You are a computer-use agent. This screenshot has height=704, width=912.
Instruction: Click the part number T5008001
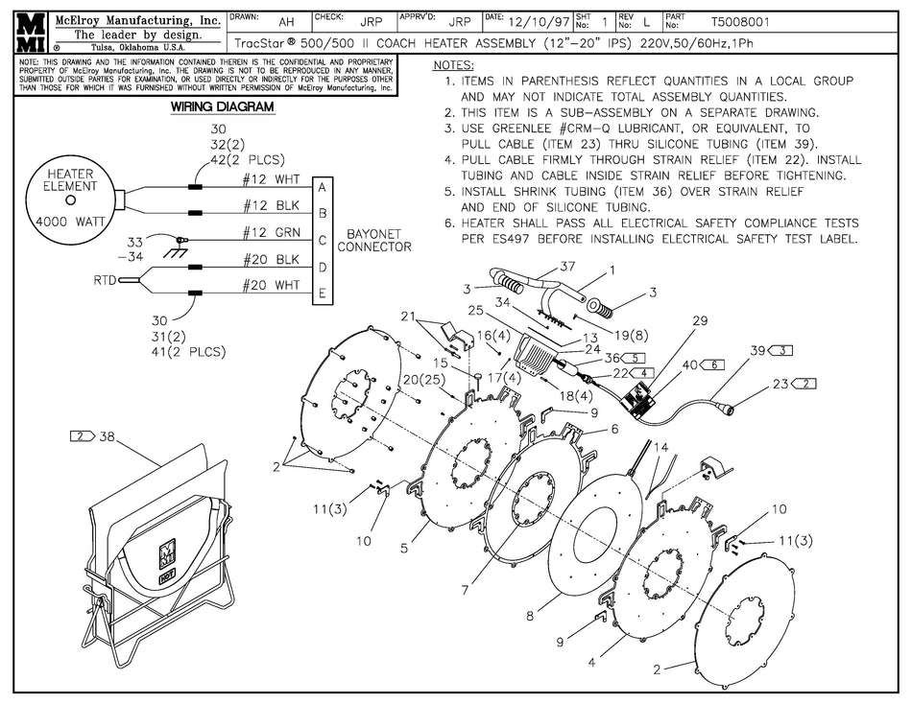pyautogui.click(x=739, y=21)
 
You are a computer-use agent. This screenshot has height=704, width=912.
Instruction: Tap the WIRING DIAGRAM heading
pyautogui.click(x=222, y=107)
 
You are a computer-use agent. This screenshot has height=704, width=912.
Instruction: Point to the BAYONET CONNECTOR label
pyautogui.click(x=378, y=240)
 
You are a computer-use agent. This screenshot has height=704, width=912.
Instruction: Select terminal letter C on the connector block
pyautogui.click(x=323, y=240)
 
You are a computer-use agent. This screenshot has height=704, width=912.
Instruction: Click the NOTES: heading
pyautogui.click(x=454, y=65)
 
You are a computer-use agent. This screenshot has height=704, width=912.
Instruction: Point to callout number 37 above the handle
pyautogui.click(x=567, y=266)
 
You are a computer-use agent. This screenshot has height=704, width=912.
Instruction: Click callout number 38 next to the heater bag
pyautogui.click(x=106, y=435)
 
